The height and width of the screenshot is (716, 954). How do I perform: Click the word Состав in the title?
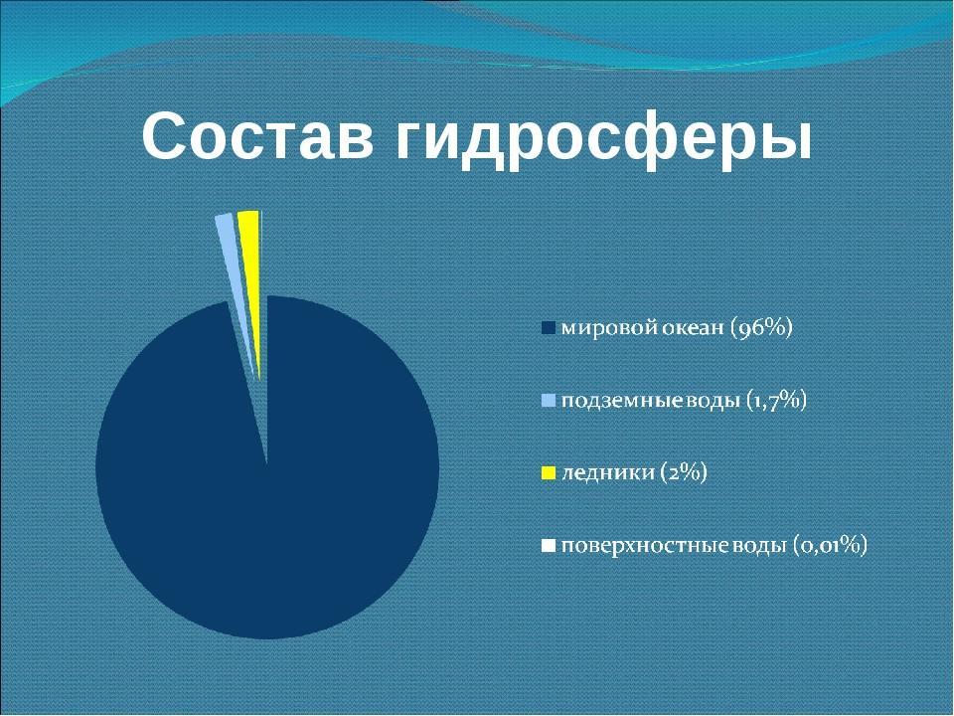pyautogui.click(x=257, y=136)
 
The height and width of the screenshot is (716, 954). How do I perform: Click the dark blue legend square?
pyautogui.click(x=549, y=329)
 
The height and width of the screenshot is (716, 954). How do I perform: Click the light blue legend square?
pyautogui.click(x=549, y=401)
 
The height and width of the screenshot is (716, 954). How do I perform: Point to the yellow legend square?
pyautogui.click(x=549, y=473)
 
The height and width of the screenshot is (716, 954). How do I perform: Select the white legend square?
pyautogui.click(x=549, y=545)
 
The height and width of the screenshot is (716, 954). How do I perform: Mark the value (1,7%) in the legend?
pyautogui.click(x=776, y=401)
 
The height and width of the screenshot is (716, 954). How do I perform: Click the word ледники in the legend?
pyautogui.click(x=608, y=473)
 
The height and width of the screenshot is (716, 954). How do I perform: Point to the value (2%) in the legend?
pyautogui.click(x=684, y=473)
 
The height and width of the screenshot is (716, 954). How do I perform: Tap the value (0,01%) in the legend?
pyautogui.click(x=831, y=545)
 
